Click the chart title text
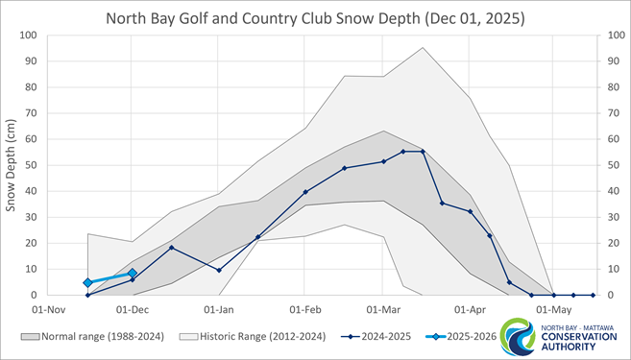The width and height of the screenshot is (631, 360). (315, 18)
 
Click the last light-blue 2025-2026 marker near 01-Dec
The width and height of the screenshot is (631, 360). (133, 274)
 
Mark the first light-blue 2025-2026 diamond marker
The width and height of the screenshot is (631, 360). (87, 283)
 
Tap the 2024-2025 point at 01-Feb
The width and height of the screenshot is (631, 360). (305, 192)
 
